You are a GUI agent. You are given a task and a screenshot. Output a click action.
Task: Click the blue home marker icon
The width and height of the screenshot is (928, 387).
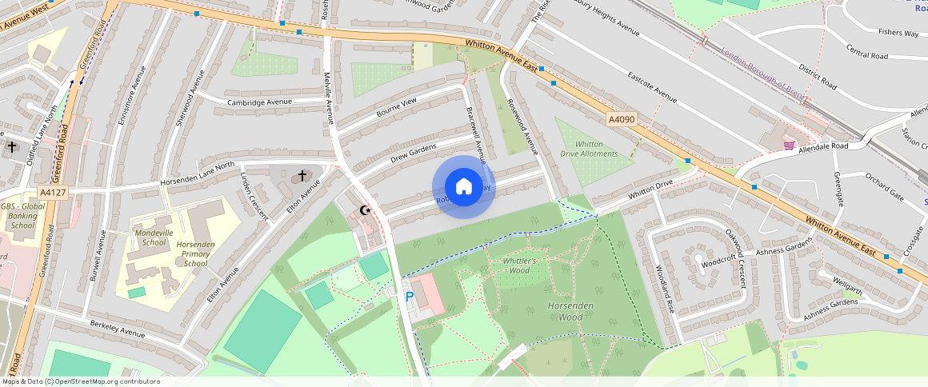coord(464,187)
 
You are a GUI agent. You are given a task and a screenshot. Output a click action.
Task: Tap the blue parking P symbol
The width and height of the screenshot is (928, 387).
coord(410,297)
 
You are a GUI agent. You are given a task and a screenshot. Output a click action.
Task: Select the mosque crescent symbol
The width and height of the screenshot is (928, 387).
coord(366,210)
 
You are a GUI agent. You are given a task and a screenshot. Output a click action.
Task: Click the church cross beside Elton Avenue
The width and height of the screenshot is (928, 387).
coord(302,175)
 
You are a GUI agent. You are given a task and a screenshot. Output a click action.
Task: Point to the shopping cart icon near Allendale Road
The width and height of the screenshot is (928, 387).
coord(789,145)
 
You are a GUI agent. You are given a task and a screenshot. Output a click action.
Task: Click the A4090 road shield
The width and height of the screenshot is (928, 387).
coord(621,120)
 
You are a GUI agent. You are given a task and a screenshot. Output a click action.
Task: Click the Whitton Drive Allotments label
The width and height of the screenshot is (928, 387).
coord(589,149)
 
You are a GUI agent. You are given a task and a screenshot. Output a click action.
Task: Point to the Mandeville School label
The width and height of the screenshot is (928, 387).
coord(150,237)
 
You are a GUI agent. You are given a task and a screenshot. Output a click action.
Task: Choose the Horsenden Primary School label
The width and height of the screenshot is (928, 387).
coord(196,253)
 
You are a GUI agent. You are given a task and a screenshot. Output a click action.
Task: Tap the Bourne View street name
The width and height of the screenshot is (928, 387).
coord(397,107)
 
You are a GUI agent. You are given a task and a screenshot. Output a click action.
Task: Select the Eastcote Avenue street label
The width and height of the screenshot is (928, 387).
coord(653,88)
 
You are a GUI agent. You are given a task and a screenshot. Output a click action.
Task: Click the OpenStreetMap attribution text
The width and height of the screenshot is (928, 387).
coord(81,381)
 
